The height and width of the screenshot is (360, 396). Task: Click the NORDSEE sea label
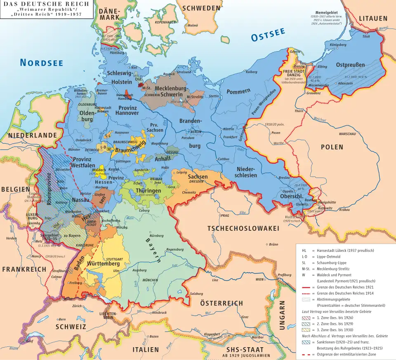pyautogui.click(x=41, y=63)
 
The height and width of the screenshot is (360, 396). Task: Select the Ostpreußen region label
pyautogui.click(x=350, y=65)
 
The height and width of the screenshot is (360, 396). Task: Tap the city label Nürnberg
pyautogui.click(x=156, y=236)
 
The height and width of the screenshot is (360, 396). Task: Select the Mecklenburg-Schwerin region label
pyautogui.click(x=171, y=91)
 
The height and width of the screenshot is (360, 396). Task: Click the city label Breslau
pyautogui.click(x=284, y=178)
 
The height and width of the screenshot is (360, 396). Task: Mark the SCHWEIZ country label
pyautogui.click(x=71, y=327)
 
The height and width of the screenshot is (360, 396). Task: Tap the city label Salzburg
pyautogui.click(x=196, y=294)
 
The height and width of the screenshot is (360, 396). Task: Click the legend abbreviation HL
pyautogui.click(x=304, y=251)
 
